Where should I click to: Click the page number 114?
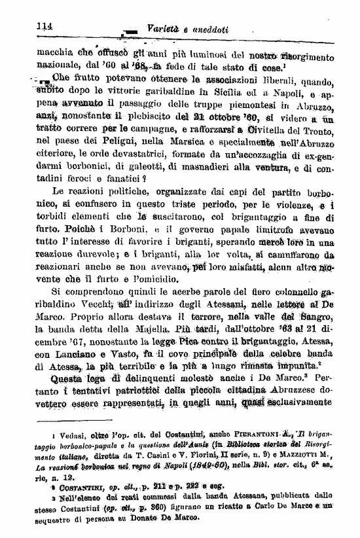pos(45,26)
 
